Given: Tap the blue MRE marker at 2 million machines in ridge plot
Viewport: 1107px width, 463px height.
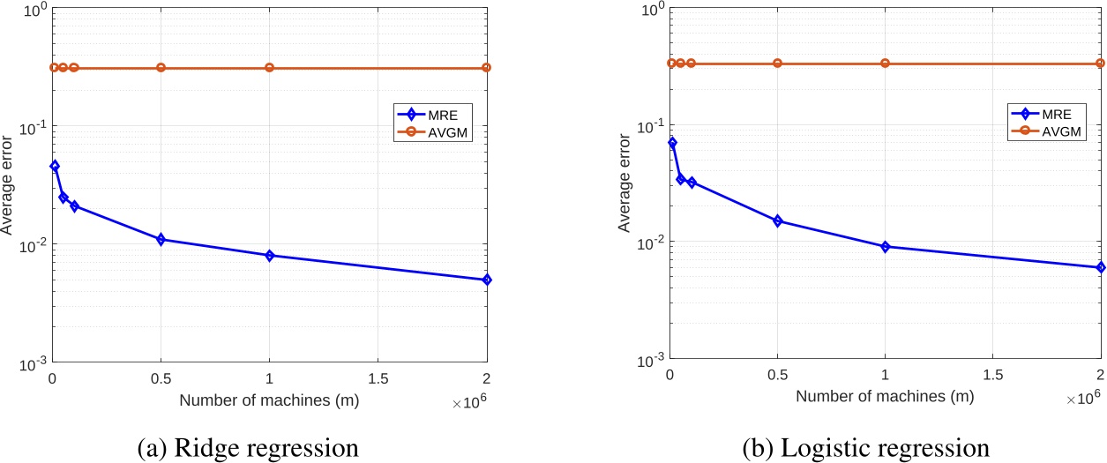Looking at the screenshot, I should [487, 280].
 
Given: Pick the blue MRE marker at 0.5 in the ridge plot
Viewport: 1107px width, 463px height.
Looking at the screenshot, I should [161, 239].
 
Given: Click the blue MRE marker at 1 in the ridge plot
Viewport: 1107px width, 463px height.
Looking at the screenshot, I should [269, 256].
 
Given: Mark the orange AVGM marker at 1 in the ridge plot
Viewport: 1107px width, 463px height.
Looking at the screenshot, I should [269, 68].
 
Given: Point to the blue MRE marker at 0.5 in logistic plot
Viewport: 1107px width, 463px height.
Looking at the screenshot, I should [777, 220].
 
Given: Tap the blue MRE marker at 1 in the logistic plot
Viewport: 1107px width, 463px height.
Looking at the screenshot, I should [885, 247].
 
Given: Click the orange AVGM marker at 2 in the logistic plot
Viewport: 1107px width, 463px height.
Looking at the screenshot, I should [1101, 63].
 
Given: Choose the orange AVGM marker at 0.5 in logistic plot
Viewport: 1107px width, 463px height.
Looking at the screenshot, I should [777, 63].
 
